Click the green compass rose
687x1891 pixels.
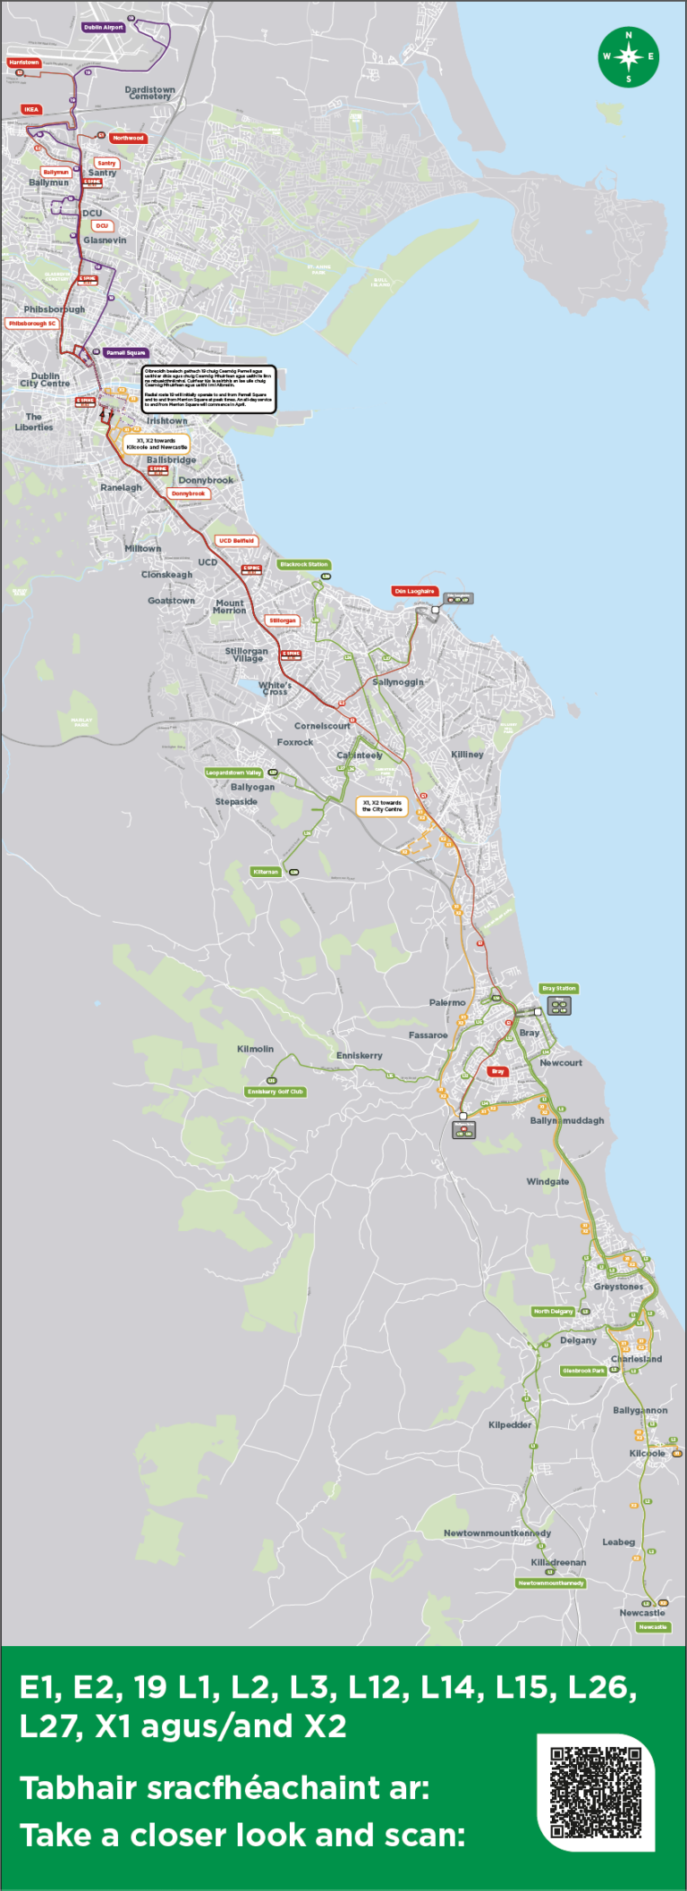(x=628, y=56)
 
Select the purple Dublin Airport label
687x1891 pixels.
(x=103, y=28)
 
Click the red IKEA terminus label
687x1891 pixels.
(x=31, y=109)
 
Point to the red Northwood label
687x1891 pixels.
(x=128, y=139)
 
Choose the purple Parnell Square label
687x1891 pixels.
(x=125, y=353)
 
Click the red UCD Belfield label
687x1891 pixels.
(x=237, y=541)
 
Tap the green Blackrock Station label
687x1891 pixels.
(x=304, y=564)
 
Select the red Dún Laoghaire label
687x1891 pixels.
(x=414, y=591)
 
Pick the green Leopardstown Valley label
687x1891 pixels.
(x=233, y=772)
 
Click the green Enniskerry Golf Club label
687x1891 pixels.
(x=276, y=1092)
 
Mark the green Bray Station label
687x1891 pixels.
(x=559, y=989)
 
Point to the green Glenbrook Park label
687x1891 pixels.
(x=584, y=1371)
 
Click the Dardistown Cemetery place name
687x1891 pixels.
(x=149, y=93)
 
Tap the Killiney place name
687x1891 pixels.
(x=467, y=755)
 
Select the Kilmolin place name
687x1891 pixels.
(x=255, y=1049)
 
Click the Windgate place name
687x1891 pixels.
(x=547, y=1182)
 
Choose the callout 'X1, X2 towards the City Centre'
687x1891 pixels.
(x=382, y=806)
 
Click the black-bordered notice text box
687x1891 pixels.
(x=208, y=390)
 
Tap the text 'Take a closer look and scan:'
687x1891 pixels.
(x=242, y=1836)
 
